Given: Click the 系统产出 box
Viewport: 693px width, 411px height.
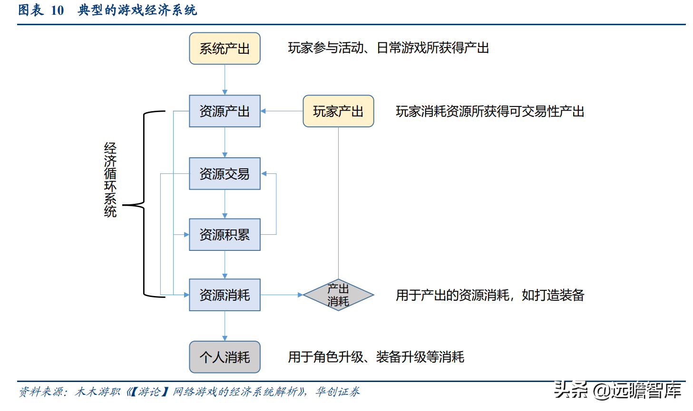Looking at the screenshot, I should point(224,48).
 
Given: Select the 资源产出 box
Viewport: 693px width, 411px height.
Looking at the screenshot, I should point(224,111).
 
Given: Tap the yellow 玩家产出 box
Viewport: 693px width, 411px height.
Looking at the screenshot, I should point(338,111).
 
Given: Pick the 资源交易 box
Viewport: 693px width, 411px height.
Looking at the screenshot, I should point(224,174).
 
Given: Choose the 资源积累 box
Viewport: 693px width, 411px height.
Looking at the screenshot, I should point(224,235).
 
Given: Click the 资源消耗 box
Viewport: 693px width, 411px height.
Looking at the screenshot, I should point(224,295).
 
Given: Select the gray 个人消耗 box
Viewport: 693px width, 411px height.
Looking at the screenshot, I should point(224,357).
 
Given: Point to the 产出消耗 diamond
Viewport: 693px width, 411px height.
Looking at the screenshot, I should point(338,295).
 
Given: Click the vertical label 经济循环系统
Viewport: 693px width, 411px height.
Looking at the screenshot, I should point(110,180).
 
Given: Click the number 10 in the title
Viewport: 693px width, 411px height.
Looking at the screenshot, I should point(57,10).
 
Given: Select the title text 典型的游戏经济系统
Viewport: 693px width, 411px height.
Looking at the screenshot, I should point(137,10).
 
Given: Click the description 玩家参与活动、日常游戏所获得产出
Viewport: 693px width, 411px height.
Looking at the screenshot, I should point(388,48).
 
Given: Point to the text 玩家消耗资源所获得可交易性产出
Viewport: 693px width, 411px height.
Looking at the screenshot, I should point(489,112).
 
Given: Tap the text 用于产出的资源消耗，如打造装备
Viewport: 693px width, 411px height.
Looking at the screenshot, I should point(489,296).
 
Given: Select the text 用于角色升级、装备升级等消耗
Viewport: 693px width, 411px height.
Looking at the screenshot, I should point(376,357).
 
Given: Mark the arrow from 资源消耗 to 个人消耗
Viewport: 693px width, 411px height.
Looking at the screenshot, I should point(225,326).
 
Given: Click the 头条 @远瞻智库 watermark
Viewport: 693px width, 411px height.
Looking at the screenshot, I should point(617,391).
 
